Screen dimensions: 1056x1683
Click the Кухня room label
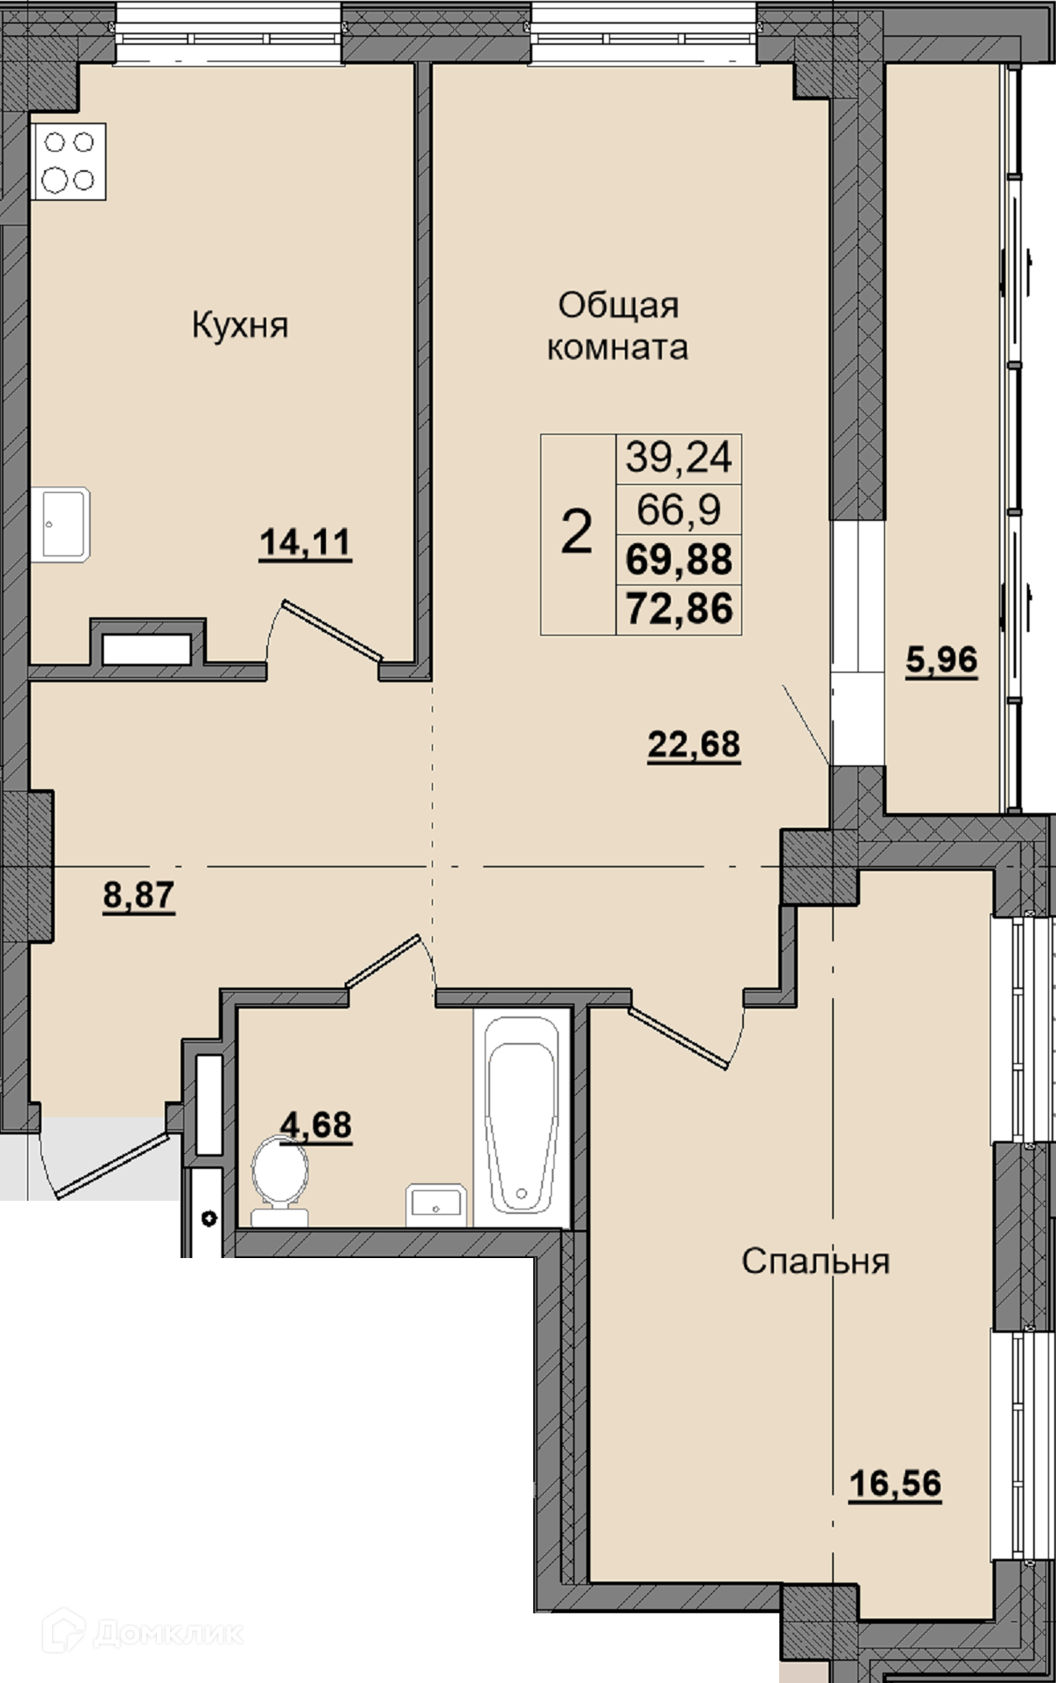click(240, 325)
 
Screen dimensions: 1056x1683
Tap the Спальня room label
click(815, 1262)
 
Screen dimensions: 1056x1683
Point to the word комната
click(617, 347)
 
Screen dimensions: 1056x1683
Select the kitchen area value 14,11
click(305, 542)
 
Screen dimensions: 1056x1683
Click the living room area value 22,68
click(694, 745)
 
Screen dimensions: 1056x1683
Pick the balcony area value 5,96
click(941, 659)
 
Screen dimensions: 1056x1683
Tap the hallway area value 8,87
click(139, 896)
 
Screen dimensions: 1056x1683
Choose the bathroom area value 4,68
click(316, 1125)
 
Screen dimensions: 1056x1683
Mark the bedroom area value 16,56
click(895, 1484)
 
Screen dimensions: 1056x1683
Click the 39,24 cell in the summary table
click(679, 458)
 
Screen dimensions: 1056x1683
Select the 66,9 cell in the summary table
click(679, 509)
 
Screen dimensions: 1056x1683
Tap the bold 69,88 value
click(679, 559)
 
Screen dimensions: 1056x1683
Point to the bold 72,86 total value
click(679, 609)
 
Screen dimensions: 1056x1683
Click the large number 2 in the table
click(576, 533)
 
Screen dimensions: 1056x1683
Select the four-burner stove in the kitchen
click(69, 161)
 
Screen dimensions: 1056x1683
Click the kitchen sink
click(62, 525)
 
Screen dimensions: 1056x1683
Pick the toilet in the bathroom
click(280, 1182)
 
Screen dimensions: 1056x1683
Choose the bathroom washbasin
click(435, 1205)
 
